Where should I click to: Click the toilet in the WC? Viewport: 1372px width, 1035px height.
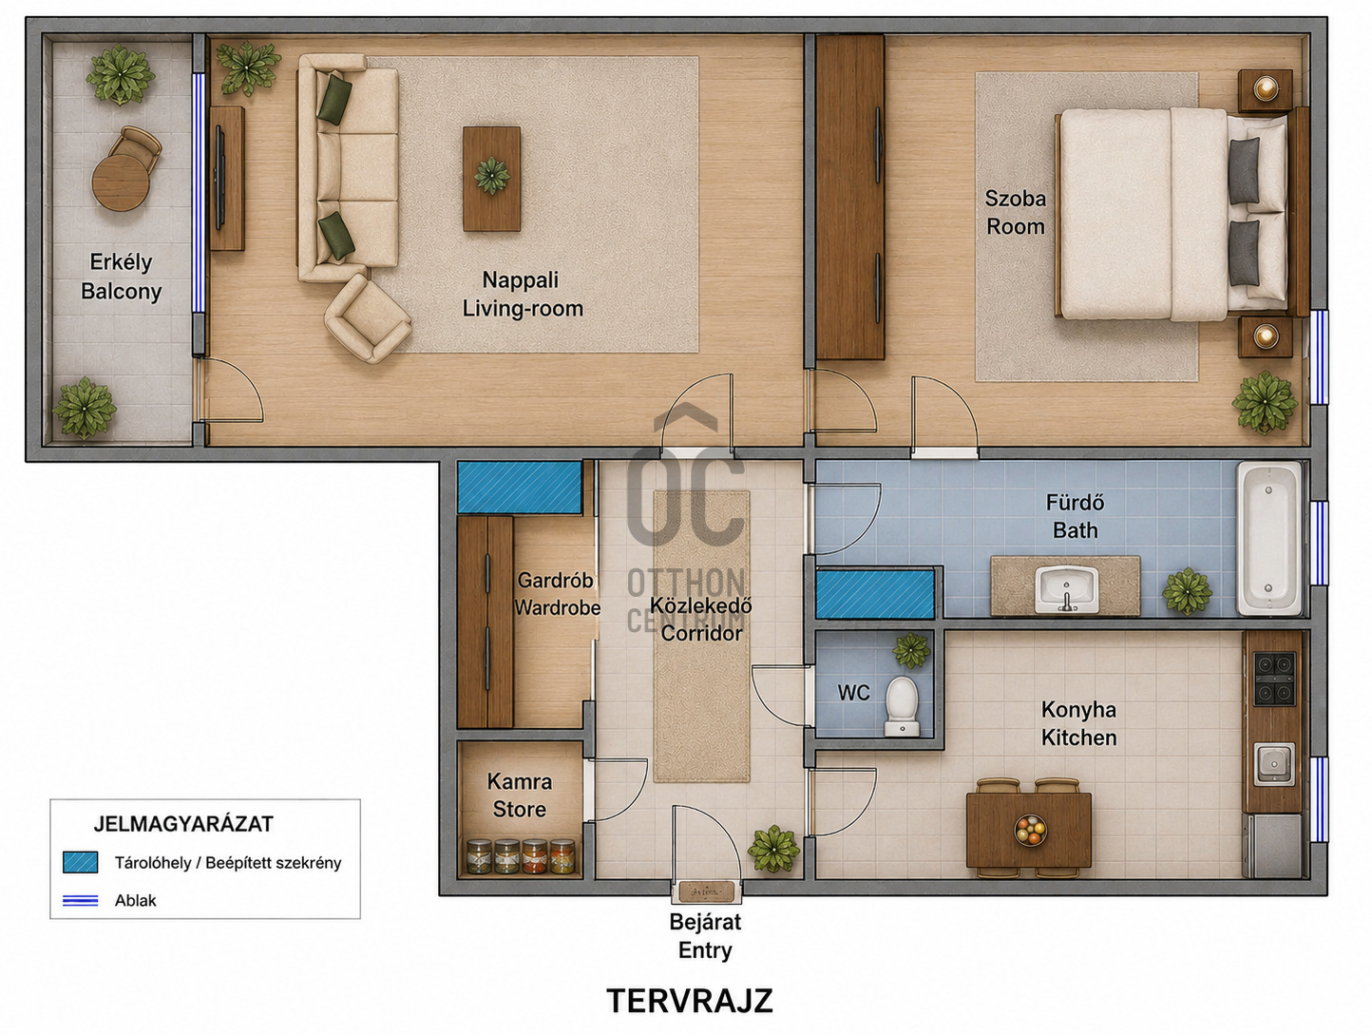click(902, 706)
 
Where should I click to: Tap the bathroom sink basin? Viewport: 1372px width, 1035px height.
click(1066, 589)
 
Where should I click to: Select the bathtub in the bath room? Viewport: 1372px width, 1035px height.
click(1268, 539)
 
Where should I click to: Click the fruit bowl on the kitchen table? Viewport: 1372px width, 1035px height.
click(1030, 830)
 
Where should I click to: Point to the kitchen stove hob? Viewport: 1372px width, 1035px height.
click(1274, 679)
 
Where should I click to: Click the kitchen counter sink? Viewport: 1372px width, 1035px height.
click(1274, 764)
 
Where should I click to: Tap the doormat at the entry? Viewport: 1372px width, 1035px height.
click(706, 891)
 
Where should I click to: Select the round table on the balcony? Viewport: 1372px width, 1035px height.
click(121, 182)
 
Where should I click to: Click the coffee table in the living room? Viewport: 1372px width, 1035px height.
click(492, 179)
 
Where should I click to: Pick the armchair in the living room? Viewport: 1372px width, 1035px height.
click(368, 319)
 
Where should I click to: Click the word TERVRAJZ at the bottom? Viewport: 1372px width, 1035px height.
click(690, 1001)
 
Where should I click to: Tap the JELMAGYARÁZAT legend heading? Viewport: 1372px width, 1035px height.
click(183, 824)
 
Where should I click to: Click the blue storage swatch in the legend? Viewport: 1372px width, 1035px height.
click(81, 863)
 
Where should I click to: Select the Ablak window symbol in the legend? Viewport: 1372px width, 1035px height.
click(81, 901)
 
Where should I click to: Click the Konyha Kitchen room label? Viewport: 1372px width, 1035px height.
click(1078, 724)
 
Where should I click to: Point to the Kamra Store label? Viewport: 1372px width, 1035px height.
click(520, 795)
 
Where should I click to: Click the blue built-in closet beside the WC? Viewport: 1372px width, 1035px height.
click(875, 594)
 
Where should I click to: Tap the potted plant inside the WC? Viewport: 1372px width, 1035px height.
click(911, 651)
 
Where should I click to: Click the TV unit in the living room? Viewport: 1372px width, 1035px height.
click(226, 178)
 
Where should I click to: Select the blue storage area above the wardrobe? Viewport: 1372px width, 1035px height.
click(520, 487)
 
